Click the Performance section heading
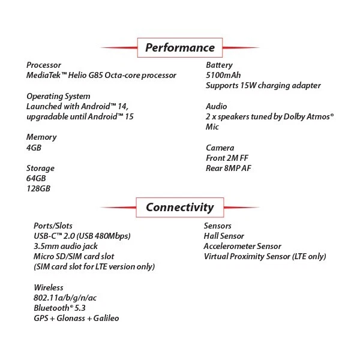pyautogui.click(x=179, y=48)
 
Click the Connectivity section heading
pyautogui.click(x=179, y=208)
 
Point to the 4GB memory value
pyautogui.click(x=34, y=147)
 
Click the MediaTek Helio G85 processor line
pyautogui.click(x=101, y=76)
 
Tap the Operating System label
pyautogui.click(x=59, y=96)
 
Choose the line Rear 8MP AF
pyautogui.click(x=229, y=168)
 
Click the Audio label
pyautogui.click(x=217, y=106)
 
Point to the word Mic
pyautogui.click(x=212, y=127)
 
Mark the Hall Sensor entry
pyautogui.click(x=224, y=236)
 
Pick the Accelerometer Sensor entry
pyautogui.click(x=242, y=246)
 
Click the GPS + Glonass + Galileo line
pyautogui.click(x=77, y=318)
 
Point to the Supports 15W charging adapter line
pyautogui.click(x=263, y=86)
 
